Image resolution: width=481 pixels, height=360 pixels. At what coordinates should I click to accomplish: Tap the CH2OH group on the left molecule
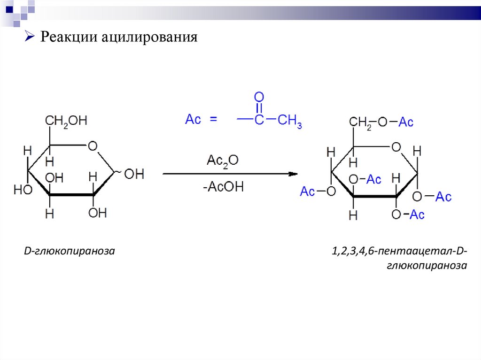(66, 121)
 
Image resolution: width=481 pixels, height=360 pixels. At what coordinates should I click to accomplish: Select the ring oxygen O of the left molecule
(93, 146)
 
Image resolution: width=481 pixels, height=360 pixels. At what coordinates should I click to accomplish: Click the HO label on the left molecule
(23, 190)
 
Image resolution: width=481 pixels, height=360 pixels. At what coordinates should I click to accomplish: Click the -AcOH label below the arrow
(223, 187)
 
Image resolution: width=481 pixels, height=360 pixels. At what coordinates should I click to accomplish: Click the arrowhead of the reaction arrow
(293, 174)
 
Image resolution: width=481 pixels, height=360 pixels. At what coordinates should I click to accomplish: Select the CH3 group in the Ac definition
(289, 121)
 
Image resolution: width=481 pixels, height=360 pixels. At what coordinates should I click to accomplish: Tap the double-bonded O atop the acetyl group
(259, 98)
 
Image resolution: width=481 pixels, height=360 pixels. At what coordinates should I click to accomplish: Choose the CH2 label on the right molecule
(360, 122)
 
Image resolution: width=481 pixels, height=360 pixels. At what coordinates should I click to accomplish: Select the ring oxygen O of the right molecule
(396, 147)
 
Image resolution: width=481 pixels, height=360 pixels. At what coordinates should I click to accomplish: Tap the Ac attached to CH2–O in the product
(406, 122)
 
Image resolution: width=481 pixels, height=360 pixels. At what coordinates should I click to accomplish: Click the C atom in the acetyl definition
(259, 120)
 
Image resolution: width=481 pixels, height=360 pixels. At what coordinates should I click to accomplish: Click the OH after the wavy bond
(134, 174)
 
